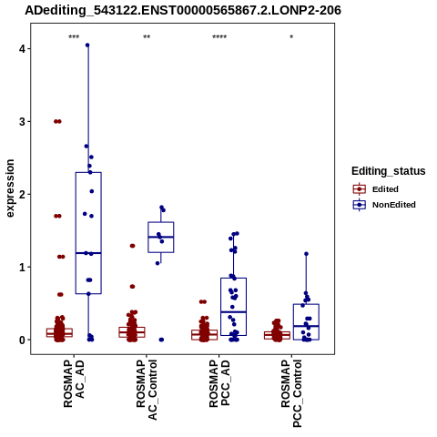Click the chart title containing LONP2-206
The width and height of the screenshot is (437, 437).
(x=183, y=10)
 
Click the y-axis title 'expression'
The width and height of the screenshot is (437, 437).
(x=10, y=188)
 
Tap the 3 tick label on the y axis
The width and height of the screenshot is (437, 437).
(x=22, y=121)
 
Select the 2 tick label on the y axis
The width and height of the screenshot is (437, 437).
(x=22, y=194)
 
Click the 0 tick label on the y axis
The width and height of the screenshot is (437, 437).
(x=22, y=340)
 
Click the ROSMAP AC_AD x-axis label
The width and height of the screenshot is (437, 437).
(x=74, y=383)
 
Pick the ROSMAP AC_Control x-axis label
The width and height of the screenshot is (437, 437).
(x=147, y=390)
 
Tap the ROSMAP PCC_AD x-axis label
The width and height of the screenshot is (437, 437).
(x=219, y=383)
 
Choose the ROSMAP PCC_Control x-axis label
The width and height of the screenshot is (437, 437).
(x=291, y=393)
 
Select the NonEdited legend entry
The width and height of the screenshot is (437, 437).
(x=384, y=205)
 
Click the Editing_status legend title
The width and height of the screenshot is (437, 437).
(x=389, y=171)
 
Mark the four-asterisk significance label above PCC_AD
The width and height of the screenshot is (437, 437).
(x=219, y=37)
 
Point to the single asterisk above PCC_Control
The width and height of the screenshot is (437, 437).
(x=291, y=37)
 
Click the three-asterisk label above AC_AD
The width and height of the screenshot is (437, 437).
(x=74, y=37)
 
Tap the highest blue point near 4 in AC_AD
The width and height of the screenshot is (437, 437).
(x=87, y=46)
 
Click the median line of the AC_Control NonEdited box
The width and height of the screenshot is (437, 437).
(x=161, y=237)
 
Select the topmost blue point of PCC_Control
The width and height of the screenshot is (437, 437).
(x=306, y=254)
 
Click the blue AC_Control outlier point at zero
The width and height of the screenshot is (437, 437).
(x=161, y=340)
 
